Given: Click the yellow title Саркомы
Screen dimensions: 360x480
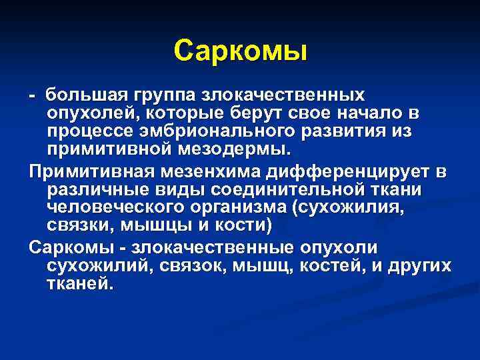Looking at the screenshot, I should click(240, 51).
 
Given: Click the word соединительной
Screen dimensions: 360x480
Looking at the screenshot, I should click(297, 191).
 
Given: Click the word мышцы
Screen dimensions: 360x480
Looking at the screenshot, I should click(147, 225).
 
